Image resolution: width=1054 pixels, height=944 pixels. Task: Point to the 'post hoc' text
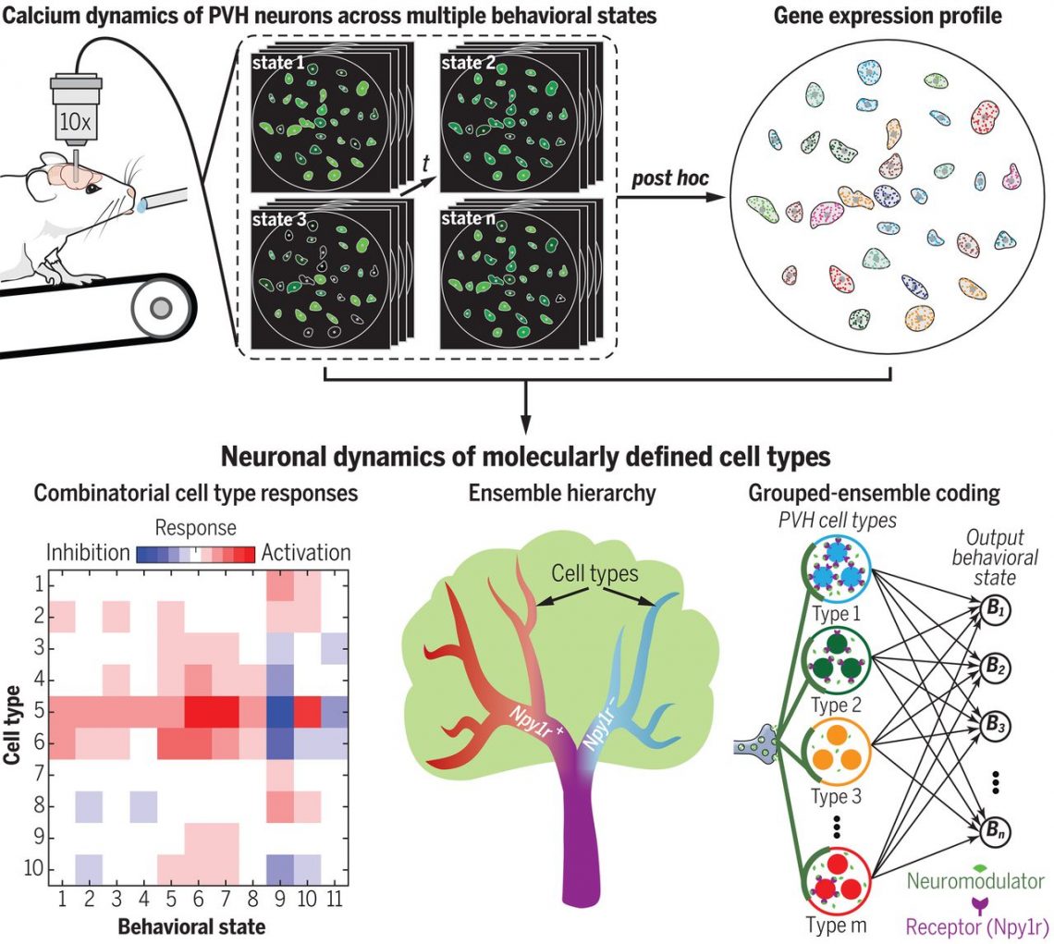669,177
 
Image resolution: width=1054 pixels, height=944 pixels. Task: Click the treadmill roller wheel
163,305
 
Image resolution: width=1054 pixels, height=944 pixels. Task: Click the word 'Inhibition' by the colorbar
88,553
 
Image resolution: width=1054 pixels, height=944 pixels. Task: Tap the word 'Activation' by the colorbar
306,553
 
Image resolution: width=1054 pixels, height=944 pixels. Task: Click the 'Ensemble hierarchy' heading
561,494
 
